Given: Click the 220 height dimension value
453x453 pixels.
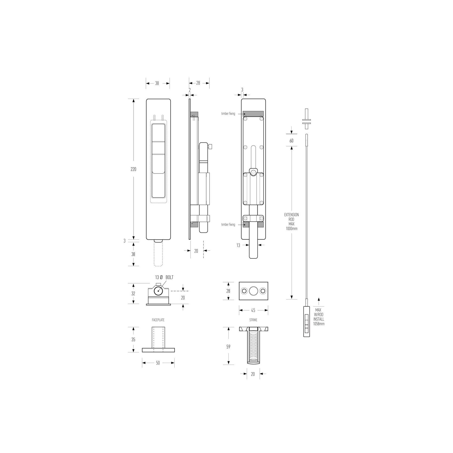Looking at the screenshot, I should [x=133, y=169].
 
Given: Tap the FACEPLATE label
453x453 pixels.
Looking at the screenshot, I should [x=158, y=320].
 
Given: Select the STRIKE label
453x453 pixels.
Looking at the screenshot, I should [x=253, y=320].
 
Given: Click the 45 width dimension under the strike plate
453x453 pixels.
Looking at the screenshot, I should [x=253, y=310].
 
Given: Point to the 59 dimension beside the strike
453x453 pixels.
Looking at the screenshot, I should [x=228, y=347].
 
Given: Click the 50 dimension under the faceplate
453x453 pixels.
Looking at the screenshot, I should [x=158, y=363].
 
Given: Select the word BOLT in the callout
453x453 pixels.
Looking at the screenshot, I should [x=169, y=277].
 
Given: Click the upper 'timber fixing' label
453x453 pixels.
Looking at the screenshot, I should [x=228, y=114].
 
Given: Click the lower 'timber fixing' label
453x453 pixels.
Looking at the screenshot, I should [x=228, y=225].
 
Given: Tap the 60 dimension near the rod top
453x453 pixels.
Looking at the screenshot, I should [x=291, y=141].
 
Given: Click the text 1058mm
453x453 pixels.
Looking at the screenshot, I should [x=319, y=324].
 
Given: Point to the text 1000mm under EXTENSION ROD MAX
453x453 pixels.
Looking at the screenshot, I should [x=291, y=229].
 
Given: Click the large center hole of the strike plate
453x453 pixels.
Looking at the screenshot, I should [x=254, y=291].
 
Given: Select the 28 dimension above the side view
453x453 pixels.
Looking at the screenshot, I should [x=198, y=83].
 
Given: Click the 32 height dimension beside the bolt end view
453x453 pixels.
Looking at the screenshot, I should [x=133, y=294].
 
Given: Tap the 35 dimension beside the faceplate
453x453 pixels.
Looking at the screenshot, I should [x=133, y=340].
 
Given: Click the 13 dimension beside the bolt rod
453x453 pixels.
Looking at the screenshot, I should [x=238, y=245].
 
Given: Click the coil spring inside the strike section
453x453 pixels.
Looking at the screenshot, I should [x=253, y=347].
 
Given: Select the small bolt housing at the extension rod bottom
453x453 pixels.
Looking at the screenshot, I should [x=307, y=321].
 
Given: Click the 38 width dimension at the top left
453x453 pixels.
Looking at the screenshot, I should [x=157, y=83].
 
